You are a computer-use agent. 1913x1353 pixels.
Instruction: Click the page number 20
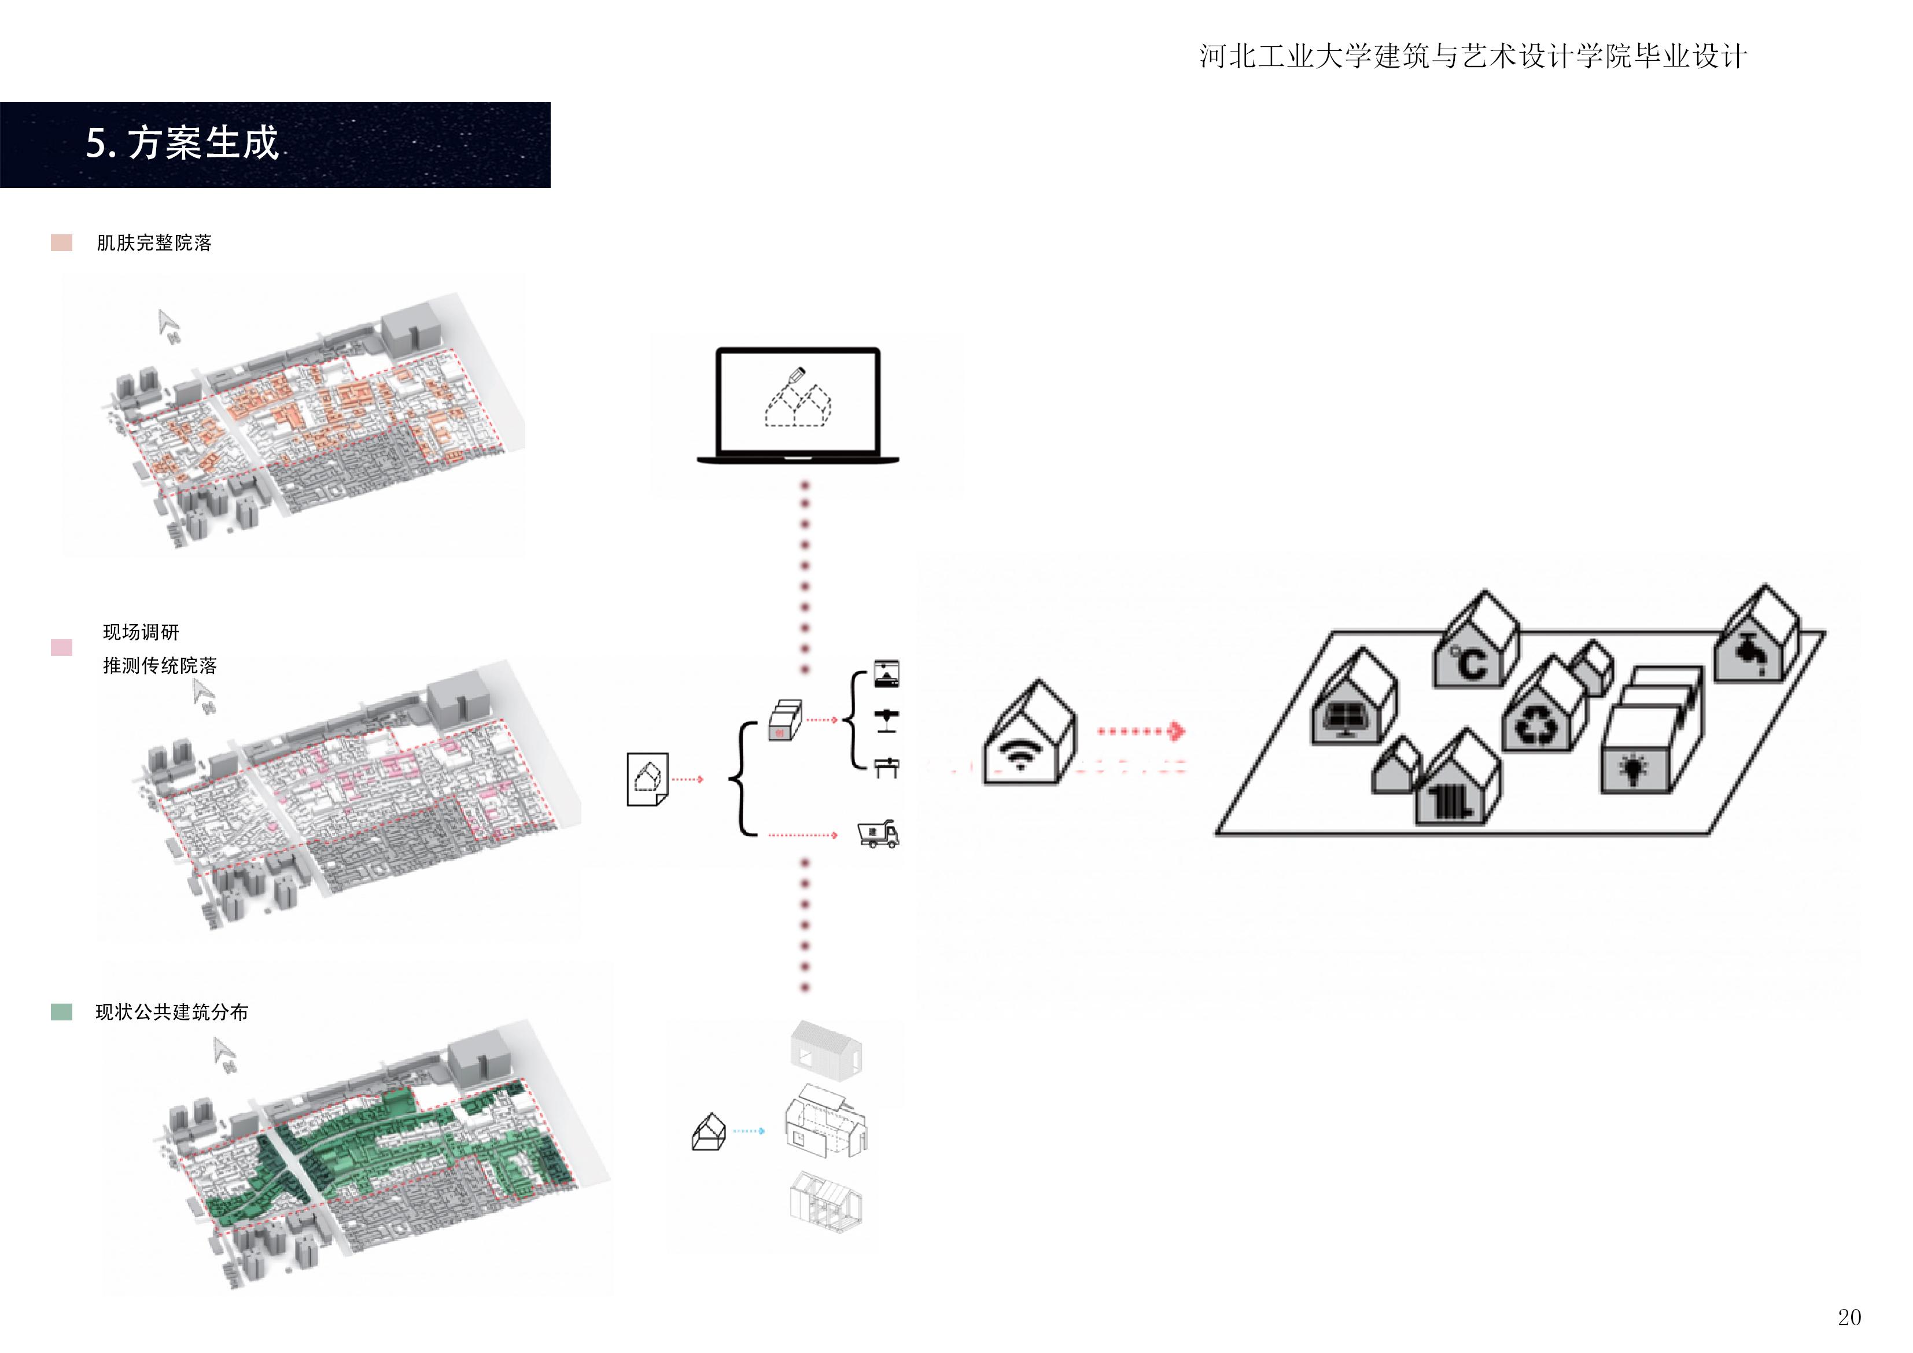[1849, 1317]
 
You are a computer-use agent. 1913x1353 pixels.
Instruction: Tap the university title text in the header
[1472, 57]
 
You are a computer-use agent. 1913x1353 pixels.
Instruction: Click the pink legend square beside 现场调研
[62, 647]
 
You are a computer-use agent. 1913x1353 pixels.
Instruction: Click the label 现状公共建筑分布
[172, 1012]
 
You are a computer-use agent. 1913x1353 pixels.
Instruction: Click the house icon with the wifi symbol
[1029, 735]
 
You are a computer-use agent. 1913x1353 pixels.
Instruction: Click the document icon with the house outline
[647, 779]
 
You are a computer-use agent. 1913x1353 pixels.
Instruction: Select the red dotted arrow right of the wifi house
[1141, 732]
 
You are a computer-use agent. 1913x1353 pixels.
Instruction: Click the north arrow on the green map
[223, 1052]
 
